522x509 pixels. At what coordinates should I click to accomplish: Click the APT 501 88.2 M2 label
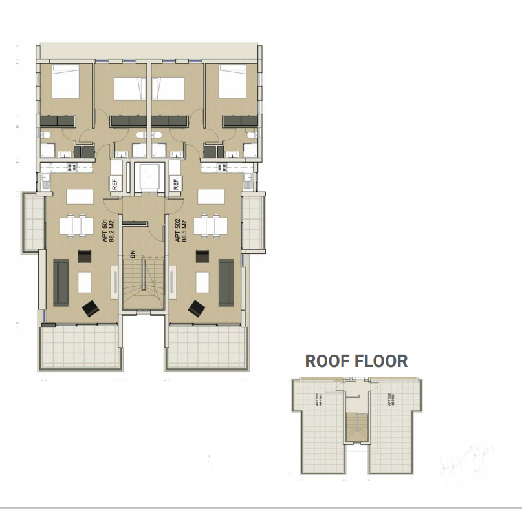point(108,230)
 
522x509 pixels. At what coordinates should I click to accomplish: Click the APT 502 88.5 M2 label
point(180,230)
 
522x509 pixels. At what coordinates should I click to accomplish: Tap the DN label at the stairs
point(132,255)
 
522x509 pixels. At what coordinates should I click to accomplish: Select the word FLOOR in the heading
point(382,360)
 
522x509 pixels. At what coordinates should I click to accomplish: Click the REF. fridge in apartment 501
point(116,184)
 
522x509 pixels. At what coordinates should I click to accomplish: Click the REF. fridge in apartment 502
point(175,184)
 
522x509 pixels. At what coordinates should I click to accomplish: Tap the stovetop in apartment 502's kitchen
point(223,167)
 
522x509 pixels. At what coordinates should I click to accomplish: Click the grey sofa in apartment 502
point(226,282)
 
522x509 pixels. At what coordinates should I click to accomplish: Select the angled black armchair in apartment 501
point(90,309)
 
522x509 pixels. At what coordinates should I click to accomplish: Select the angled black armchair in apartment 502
point(197,309)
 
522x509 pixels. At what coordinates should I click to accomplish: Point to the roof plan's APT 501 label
point(318,400)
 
